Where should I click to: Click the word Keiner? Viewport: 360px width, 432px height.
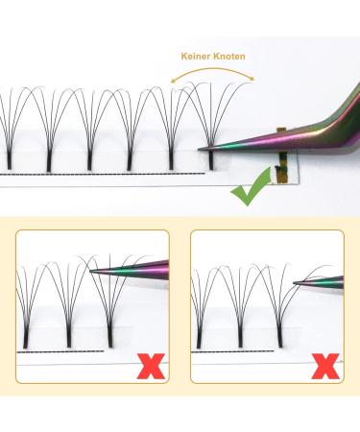(x=196, y=56)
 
